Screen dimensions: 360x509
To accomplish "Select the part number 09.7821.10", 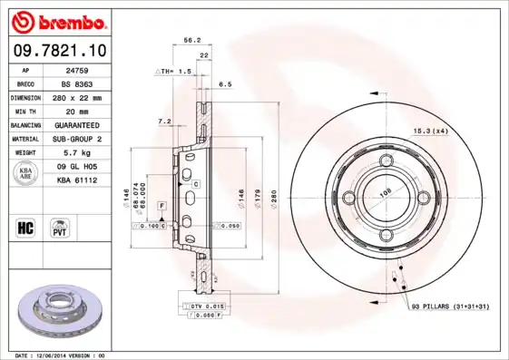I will pyautogui.click(x=62, y=50).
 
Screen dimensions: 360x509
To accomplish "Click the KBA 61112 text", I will pyautogui.click(x=76, y=180).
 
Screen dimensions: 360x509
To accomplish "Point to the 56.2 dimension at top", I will pyautogui.click(x=191, y=40).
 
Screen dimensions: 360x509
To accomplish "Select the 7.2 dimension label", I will pyautogui.click(x=164, y=121).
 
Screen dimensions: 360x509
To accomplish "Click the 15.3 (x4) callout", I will pyautogui.click(x=431, y=132).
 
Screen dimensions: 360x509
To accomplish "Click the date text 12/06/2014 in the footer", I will pyautogui.click(x=56, y=355).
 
